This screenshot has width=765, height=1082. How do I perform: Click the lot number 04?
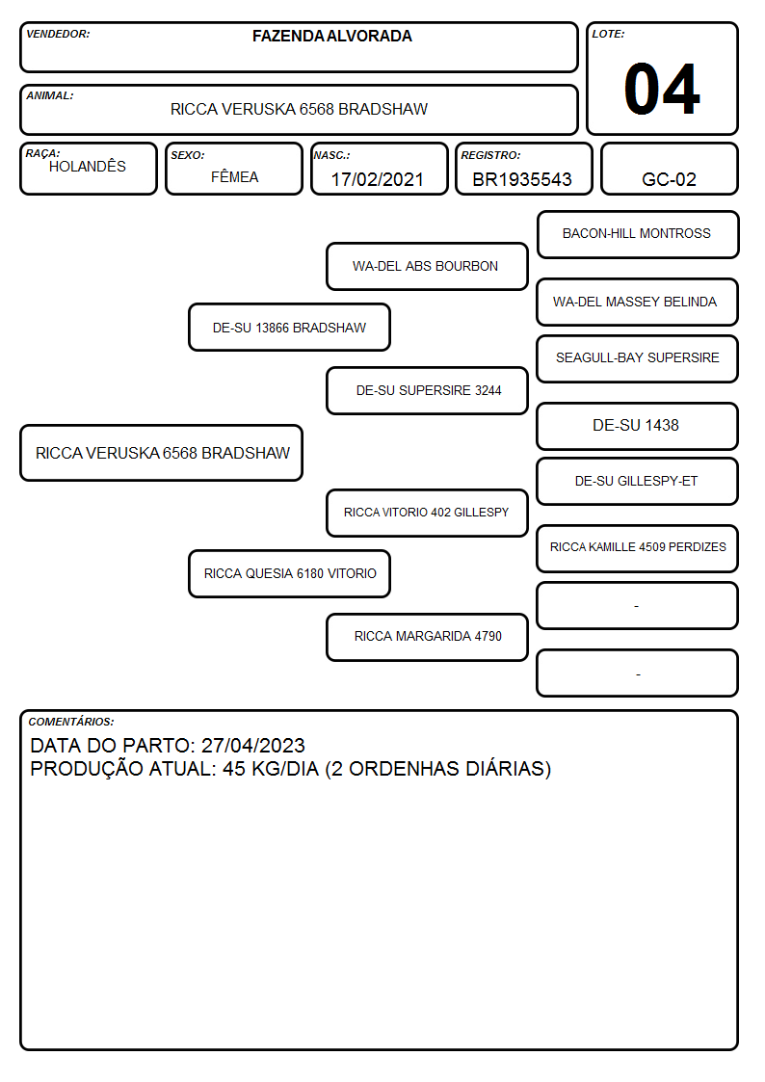click(x=662, y=89)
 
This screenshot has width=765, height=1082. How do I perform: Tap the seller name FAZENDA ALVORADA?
click(x=331, y=36)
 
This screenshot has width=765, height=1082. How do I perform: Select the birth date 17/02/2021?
click(x=378, y=179)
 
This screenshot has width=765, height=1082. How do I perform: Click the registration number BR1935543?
click(x=522, y=179)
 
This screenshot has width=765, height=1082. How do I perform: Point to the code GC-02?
click(x=669, y=179)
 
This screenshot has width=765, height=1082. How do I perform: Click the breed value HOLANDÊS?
click(x=88, y=166)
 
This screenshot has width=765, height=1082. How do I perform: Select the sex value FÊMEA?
click(x=234, y=176)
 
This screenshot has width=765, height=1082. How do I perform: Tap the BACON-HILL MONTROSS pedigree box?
click(x=638, y=235)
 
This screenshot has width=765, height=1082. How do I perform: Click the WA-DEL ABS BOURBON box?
click(x=427, y=266)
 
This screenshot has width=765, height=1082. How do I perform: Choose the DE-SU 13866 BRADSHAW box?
click(x=290, y=328)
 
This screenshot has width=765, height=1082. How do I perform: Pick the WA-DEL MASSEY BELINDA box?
click(x=638, y=302)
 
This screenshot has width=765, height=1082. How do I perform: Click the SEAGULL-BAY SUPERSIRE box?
click(x=638, y=358)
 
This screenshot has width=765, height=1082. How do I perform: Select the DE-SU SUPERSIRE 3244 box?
click(x=427, y=390)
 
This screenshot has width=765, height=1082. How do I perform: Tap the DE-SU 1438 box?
click(x=638, y=426)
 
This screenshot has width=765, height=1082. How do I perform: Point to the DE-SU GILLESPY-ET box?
click(x=638, y=481)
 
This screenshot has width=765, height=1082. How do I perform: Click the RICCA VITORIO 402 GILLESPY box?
click(x=427, y=513)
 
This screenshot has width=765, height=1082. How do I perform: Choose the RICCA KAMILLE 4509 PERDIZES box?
click(x=638, y=548)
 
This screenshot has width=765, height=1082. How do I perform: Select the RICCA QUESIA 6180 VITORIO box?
click(x=290, y=574)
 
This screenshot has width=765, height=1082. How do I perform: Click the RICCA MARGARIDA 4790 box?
click(x=427, y=637)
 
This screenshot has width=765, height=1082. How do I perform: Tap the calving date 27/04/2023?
click(x=253, y=745)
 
